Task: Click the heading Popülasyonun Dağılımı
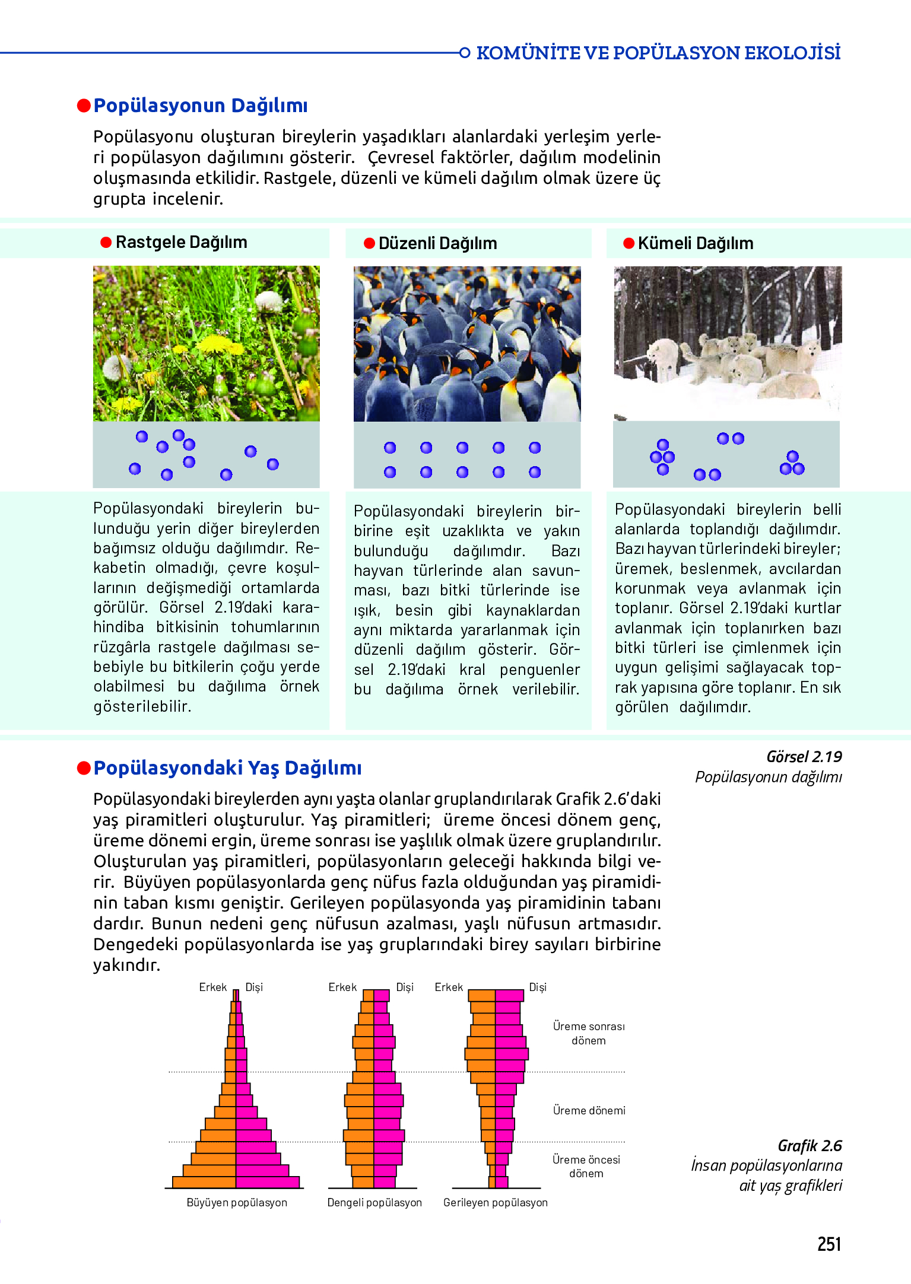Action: point(200,106)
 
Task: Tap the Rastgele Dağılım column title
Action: point(181,242)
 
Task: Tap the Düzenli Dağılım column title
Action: point(437,243)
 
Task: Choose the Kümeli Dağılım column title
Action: point(695,243)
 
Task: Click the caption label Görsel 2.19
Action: point(804,757)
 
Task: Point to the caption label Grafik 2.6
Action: point(810,1146)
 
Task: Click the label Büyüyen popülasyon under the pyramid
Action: point(237,1202)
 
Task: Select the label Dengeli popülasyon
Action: point(374,1202)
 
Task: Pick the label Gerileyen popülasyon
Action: point(495,1202)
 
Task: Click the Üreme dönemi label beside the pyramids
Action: point(589,1110)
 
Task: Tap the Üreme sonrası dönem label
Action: point(589,1033)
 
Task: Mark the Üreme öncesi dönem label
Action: point(586,1166)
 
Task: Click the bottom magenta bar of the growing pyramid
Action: point(268,1182)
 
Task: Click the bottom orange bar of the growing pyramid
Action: point(204,1182)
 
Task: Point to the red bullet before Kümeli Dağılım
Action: point(629,243)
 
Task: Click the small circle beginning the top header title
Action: point(465,53)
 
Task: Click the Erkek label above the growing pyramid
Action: point(212,987)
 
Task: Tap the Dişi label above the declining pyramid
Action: point(537,987)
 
